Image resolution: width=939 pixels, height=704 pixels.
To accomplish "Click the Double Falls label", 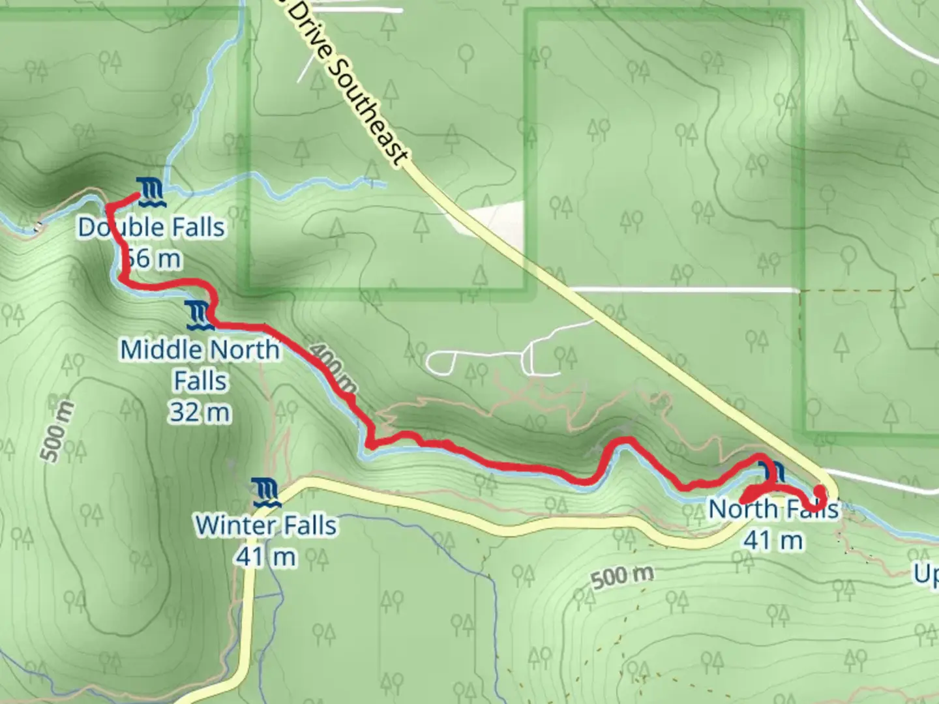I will coord(151,227).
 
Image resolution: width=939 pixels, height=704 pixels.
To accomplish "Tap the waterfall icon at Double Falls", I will coord(151,191).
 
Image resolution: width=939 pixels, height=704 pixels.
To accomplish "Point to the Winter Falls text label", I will coord(266,525).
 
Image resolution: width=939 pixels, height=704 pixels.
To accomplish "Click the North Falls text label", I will coord(773,508).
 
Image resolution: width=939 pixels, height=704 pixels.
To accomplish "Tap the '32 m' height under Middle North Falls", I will coord(200,413).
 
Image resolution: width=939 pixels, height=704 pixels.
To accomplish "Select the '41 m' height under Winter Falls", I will coord(266,557).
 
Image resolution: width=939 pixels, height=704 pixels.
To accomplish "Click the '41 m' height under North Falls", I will coord(773,540).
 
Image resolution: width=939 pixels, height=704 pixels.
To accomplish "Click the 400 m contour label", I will coord(334,370).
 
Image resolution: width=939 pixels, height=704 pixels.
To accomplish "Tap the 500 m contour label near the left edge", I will coord(58,431).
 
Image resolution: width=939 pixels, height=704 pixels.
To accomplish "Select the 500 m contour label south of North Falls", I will coord(622,576).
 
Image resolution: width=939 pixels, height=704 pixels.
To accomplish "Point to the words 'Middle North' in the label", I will coord(200,350).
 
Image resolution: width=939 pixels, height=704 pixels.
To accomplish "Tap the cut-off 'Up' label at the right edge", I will coord(926,574).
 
